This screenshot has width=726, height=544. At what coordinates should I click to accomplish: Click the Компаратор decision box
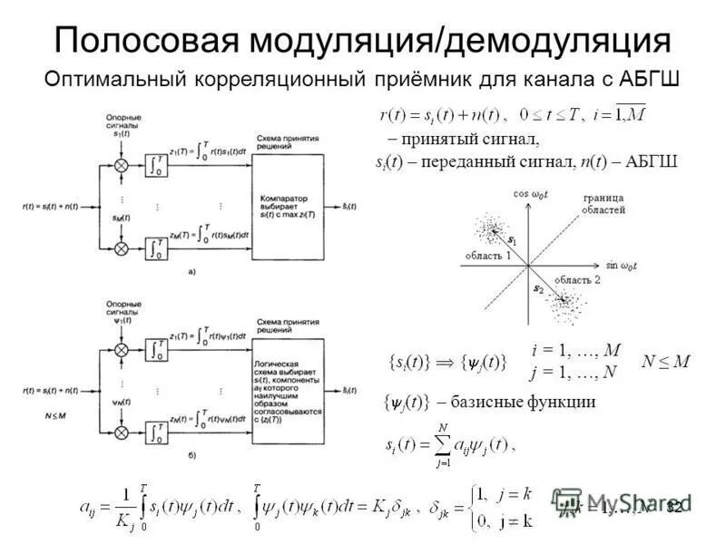click(288, 207)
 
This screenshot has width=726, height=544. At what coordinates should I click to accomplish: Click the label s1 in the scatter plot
click(512, 242)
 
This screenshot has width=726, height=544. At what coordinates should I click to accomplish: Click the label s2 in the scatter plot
click(538, 288)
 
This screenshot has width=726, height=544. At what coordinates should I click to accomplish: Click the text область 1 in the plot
click(487, 257)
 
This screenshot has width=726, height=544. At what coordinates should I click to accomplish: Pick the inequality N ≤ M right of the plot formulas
click(665, 361)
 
